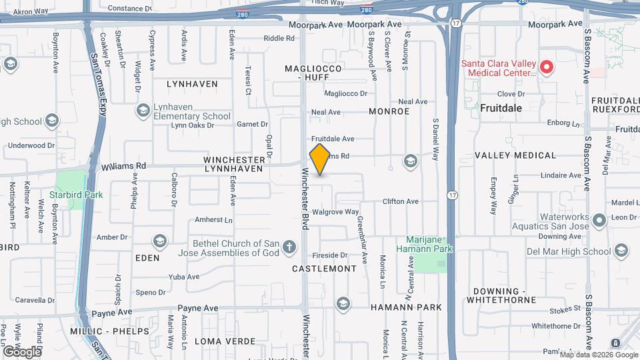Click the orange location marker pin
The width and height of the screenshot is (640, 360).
tap(320, 159)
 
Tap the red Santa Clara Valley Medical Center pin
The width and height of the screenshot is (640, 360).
tap(546, 66)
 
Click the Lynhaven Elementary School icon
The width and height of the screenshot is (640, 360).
tap(143, 110)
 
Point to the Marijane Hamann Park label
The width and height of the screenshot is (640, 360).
tap(429, 244)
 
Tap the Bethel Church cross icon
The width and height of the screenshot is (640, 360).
tap(289, 248)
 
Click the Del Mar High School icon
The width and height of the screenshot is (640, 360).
tap(621, 251)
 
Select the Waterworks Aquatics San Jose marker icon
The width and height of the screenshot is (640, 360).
tap(598, 219)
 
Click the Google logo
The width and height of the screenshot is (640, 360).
tap(21, 351)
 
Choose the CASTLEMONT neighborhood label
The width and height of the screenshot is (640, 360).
tap(325, 269)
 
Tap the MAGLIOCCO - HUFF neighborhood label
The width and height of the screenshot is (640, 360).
tap(313, 73)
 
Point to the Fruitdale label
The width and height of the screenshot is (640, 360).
tap(501, 107)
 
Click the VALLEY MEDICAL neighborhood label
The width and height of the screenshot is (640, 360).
tap(515, 155)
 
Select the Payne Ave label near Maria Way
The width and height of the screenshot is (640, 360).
tap(202, 308)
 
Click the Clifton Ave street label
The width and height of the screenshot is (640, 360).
tap(400, 201)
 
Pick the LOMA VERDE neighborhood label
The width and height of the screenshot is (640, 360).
tap(225, 341)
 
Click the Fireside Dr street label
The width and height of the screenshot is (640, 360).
tap(330, 255)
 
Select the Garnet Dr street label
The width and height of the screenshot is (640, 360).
tap(252, 124)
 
